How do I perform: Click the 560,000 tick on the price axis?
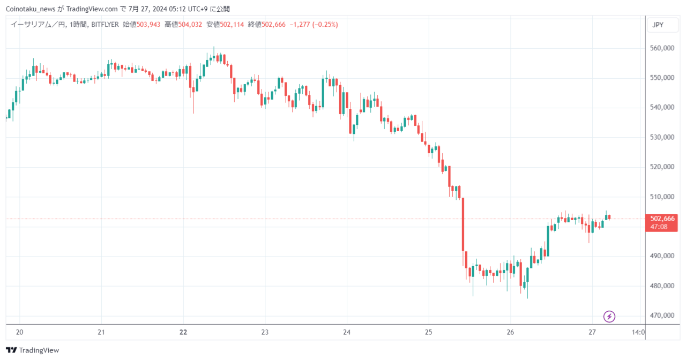tap(662, 48)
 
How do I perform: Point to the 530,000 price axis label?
tap(662, 137)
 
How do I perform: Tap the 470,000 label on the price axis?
tap(662, 316)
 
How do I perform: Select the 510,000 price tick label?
tap(662, 197)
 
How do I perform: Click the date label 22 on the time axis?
tap(183, 332)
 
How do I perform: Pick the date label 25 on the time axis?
tap(428, 332)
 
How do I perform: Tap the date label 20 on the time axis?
tap(20, 332)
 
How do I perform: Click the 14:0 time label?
tap(638, 332)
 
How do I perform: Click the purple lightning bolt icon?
tap(609, 317)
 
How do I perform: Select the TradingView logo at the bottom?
tap(33, 350)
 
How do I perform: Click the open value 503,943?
tap(148, 25)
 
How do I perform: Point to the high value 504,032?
tap(190, 25)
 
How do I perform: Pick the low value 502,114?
tap(232, 25)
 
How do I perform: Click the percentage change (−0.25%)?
tap(325, 25)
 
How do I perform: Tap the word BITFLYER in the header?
tap(105, 25)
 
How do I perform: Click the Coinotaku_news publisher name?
tap(31, 9)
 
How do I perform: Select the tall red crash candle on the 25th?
tap(463, 224)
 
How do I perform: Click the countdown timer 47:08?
tap(659, 227)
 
